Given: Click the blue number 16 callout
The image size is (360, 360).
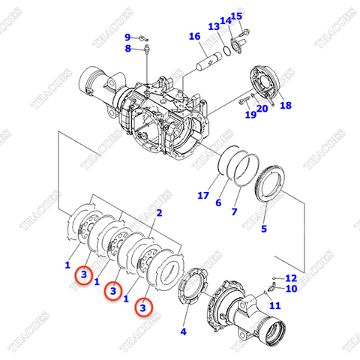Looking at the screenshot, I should pos(194,37).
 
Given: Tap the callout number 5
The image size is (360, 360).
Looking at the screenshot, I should pos(263,229).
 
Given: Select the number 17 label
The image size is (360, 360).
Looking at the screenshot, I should pos(202,196).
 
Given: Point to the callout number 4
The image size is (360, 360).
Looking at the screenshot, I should pos(183,331).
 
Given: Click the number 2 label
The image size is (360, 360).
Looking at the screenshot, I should pos(158,214).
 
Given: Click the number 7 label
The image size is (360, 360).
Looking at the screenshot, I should pos(234,212).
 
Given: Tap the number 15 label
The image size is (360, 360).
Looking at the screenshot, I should pos(237,16).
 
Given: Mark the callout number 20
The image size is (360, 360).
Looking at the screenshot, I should pos(262,109).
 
